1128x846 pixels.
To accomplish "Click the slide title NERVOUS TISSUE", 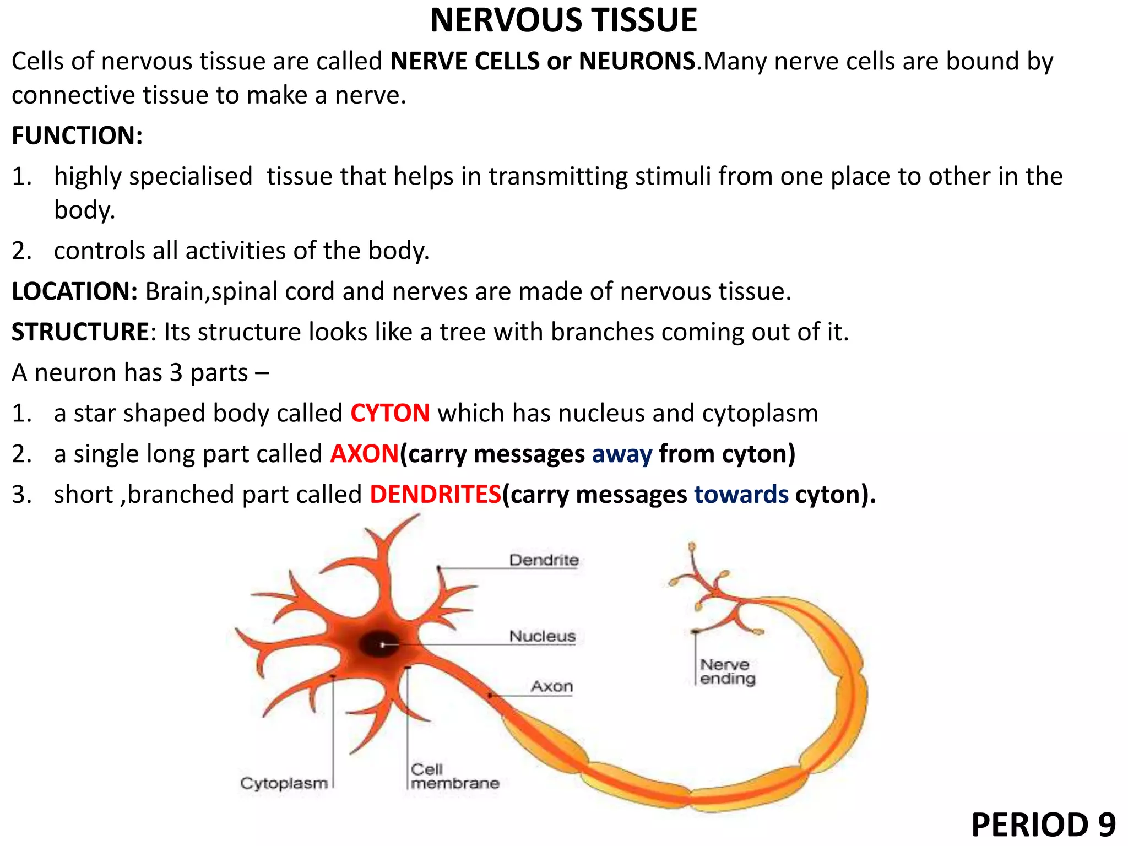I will click(x=563, y=21).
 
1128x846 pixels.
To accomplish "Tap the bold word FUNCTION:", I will click(x=77, y=136).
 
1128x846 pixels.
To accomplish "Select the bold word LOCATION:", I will click(x=74, y=291).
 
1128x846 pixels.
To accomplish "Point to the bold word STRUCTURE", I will click(x=80, y=332).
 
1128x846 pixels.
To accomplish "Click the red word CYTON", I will click(x=390, y=413).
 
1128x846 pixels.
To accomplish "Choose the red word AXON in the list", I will click(x=364, y=454).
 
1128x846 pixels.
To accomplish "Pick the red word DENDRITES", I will click(x=435, y=494).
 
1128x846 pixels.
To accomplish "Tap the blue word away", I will click(x=622, y=454).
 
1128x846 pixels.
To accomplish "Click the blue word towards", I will click(x=741, y=495).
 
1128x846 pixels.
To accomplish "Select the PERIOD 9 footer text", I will click(x=1043, y=825).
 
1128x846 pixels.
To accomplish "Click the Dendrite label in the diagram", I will click(x=544, y=560).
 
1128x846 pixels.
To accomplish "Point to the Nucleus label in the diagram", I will click(x=542, y=636).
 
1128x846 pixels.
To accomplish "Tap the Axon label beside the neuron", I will click(x=552, y=686).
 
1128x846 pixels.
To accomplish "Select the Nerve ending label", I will click(x=727, y=672).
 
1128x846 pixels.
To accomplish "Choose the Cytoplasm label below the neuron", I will click(x=284, y=783).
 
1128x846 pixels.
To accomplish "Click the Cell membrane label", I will click(x=454, y=777).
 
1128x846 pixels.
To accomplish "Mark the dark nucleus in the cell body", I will click(x=380, y=644).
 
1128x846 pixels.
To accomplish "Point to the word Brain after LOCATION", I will click(x=175, y=291).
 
